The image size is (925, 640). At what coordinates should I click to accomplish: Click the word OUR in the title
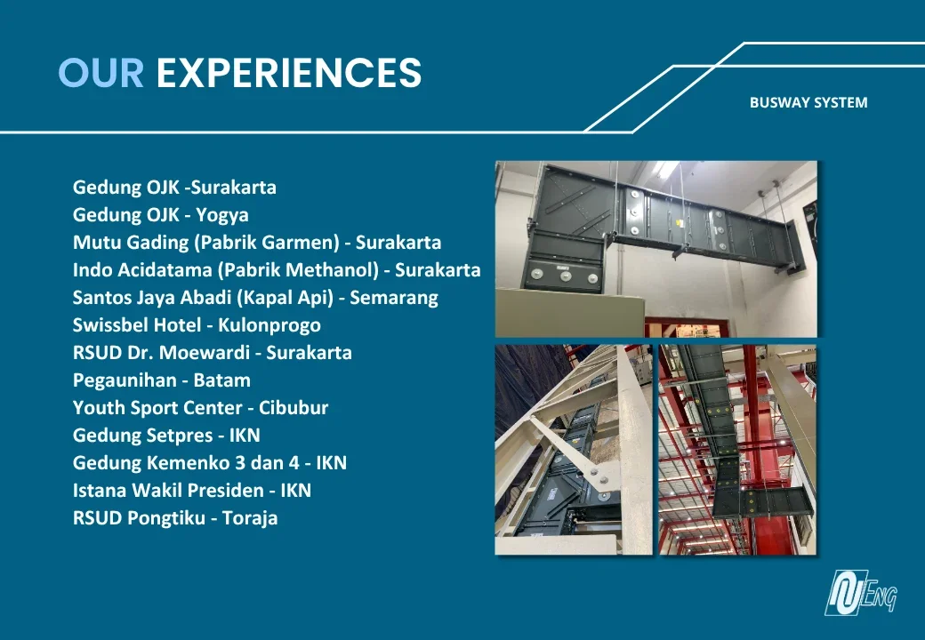pos(101,73)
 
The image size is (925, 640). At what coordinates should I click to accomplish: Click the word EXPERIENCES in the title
pos(289,73)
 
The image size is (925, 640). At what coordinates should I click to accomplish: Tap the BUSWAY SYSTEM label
pos(808,102)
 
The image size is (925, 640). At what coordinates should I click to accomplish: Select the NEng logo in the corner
pos(861,592)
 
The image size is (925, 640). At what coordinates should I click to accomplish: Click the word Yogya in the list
pos(221,215)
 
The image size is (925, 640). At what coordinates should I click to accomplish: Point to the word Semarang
pos(394,298)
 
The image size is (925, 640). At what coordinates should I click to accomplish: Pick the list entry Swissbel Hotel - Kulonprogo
pos(197,324)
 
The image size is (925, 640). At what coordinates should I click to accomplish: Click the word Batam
pos(221,380)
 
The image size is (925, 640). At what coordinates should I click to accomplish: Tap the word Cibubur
pos(294,408)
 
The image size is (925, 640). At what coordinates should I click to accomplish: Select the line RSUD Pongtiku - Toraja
pos(175,518)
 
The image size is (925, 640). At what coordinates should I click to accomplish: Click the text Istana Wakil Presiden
pos(168,491)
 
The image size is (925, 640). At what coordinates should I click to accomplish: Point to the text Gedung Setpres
pos(143,436)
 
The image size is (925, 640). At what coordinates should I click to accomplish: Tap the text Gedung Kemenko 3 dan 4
pos(186,463)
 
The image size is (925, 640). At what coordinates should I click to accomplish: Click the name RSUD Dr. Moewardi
pos(161,352)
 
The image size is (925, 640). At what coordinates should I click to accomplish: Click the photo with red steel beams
pos(737,450)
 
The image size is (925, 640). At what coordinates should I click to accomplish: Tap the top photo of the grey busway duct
pos(656,249)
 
